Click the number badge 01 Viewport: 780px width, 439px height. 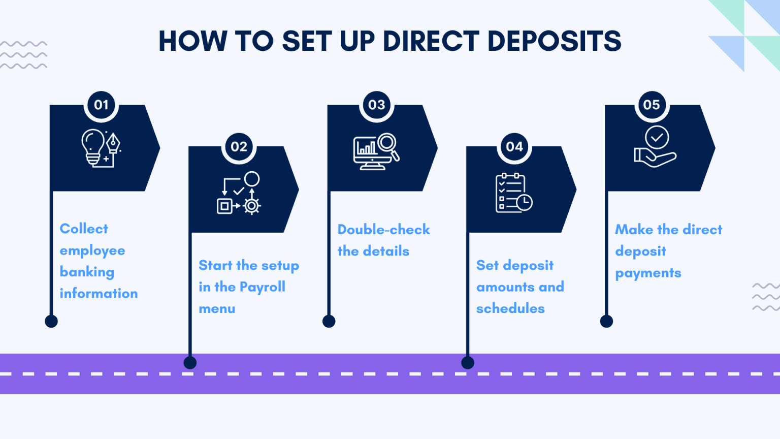point(101,105)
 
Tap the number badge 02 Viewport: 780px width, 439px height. point(239,147)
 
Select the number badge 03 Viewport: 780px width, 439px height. point(377,105)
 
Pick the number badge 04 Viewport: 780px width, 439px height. point(514,147)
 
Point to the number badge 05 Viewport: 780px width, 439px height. point(652,105)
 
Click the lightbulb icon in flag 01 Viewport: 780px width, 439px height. point(93,145)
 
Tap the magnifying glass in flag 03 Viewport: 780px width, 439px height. point(388,144)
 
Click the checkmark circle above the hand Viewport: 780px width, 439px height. point(657,137)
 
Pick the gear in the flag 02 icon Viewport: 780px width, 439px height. point(251,206)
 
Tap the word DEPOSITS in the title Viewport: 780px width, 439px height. point(554,41)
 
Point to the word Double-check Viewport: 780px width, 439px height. point(383,230)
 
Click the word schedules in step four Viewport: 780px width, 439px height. point(510,308)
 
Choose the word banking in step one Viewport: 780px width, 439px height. point(87,272)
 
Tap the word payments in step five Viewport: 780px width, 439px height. point(648,273)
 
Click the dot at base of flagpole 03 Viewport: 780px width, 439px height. point(329,321)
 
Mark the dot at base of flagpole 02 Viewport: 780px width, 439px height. point(190,363)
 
